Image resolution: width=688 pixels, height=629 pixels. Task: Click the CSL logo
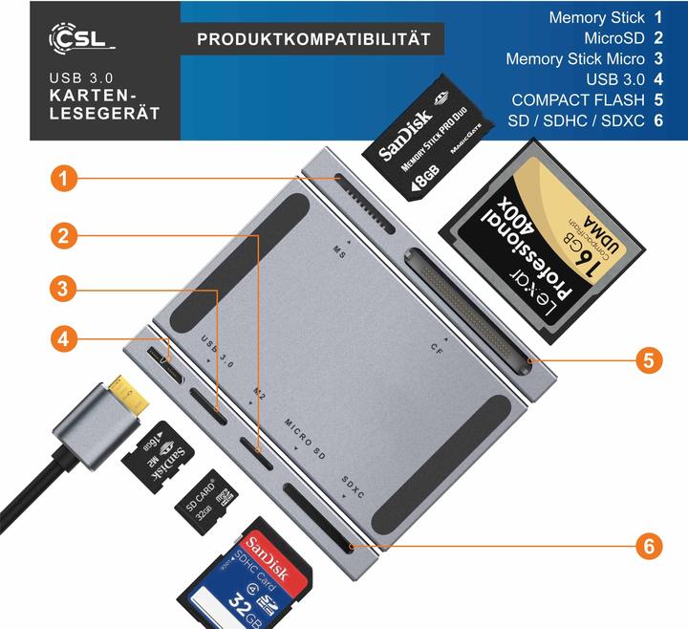click(x=81, y=38)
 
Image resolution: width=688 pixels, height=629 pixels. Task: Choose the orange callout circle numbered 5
click(x=649, y=360)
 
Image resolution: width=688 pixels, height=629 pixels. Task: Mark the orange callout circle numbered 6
click(x=649, y=547)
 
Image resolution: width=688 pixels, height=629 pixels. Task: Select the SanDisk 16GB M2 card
click(x=160, y=457)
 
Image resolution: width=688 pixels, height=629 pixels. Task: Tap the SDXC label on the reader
click(x=353, y=490)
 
